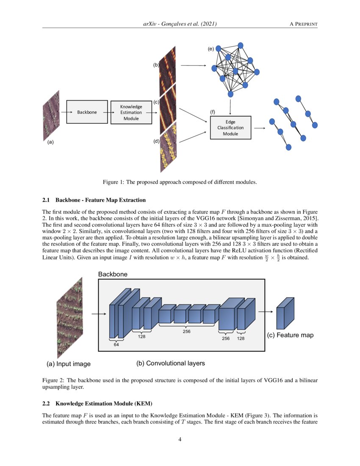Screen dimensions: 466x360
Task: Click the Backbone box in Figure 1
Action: click(x=86, y=112)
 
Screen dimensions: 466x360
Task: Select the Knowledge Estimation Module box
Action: click(x=131, y=112)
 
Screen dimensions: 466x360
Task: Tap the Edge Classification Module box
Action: click(x=230, y=128)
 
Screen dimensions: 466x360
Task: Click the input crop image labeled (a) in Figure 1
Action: click(x=51, y=116)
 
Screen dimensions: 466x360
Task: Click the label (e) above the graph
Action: click(x=210, y=50)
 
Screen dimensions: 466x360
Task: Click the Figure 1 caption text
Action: click(x=180, y=182)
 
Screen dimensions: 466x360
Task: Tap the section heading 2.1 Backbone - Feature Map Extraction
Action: click(x=94, y=200)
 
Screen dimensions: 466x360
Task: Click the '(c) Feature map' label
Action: click(x=290, y=335)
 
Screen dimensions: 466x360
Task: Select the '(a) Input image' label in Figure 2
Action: click(x=68, y=364)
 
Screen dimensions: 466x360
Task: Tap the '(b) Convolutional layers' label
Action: click(x=170, y=363)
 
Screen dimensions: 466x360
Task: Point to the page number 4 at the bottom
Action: click(x=180, y=439)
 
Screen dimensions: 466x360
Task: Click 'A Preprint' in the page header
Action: click(x=303, y=24)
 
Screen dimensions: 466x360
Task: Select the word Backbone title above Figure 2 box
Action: click(x=113, y=275)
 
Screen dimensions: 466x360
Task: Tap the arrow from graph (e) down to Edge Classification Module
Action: click(x=230, y=106)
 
